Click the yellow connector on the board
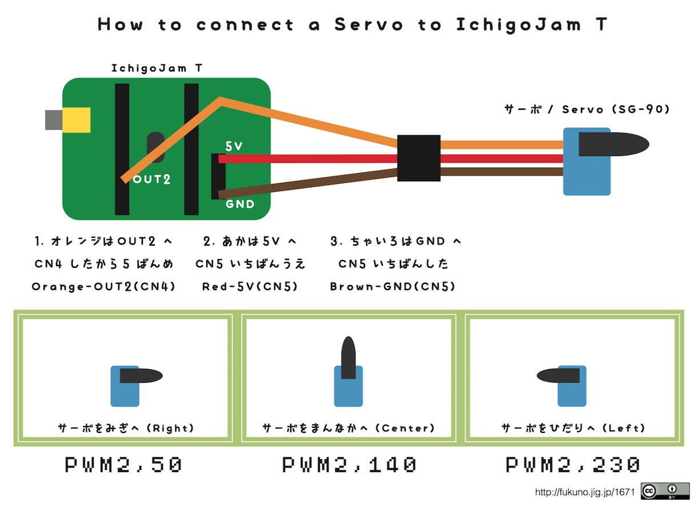click(77, 120)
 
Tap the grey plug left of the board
click(54, 120)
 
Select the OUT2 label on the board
click(151, 179)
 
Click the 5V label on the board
click(234, 146)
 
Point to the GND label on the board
click(240, 204)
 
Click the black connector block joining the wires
click(419, 158)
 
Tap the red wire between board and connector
click(308, 159)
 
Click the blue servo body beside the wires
click(587, 162)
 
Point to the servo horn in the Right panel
click(141, 376)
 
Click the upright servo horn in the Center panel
click(348, 358)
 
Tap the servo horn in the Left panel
click(558, 376)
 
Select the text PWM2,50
click(123, 465)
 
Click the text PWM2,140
click(349, 465)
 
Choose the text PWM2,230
click(572, 465)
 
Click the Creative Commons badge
click(665, 491)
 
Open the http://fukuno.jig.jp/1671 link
click(584, 492)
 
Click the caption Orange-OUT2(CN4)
click(103, 287)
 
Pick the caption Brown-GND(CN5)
click(392, 287)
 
